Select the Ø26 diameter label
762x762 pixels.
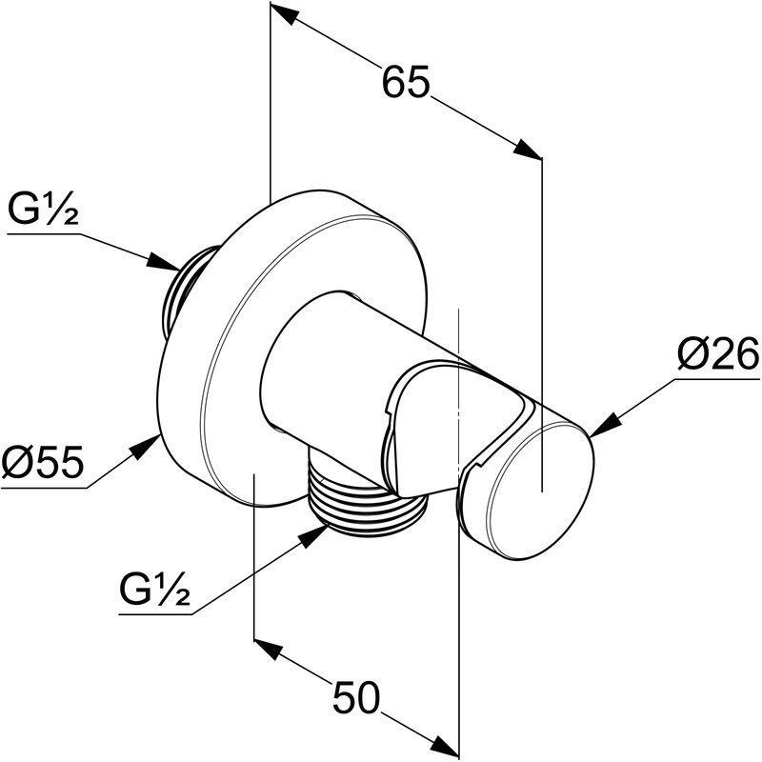[x=717, y=356]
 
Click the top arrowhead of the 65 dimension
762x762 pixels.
[x=282, y=15]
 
